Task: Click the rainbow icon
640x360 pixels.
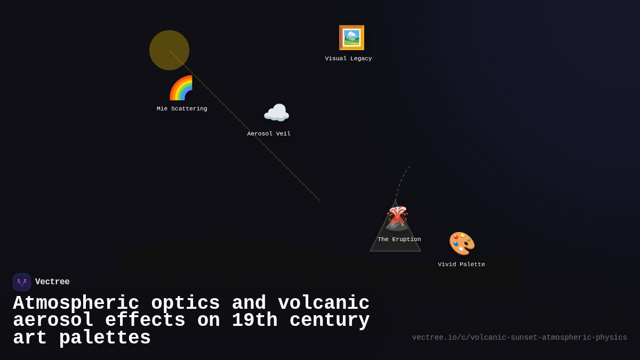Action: click(x=181, y=88)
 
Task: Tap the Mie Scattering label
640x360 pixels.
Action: click(x=182, y=109)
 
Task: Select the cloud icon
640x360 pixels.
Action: click(x=276, y=113)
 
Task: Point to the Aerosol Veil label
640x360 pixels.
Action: click(x=269, y=134)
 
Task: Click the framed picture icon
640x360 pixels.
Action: click(x=351, y=38)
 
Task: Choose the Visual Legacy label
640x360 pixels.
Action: click(x=348, y=59)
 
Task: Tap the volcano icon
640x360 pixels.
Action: click(x=397, y=218)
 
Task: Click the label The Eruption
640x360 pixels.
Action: click(x=399, y=239)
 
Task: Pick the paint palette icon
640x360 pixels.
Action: click(x=461, y=243)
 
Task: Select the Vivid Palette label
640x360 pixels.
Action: click(x=461, y=265)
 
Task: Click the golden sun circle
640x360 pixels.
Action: click(x=169, y=50)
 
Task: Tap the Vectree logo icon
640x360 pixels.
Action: click(x=22, y=282)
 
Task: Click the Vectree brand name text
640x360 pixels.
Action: click(x=52, y=282)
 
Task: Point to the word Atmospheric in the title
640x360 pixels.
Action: click(x=76, y=303)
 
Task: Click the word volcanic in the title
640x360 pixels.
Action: click(x=324, y=303)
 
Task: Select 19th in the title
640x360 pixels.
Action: click(x=254, y=321)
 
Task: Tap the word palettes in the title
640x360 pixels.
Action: click(x=105, y=338)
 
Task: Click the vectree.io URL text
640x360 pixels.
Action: click(x=519, y=338)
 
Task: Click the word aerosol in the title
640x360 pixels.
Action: click(x=53, y=321)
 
